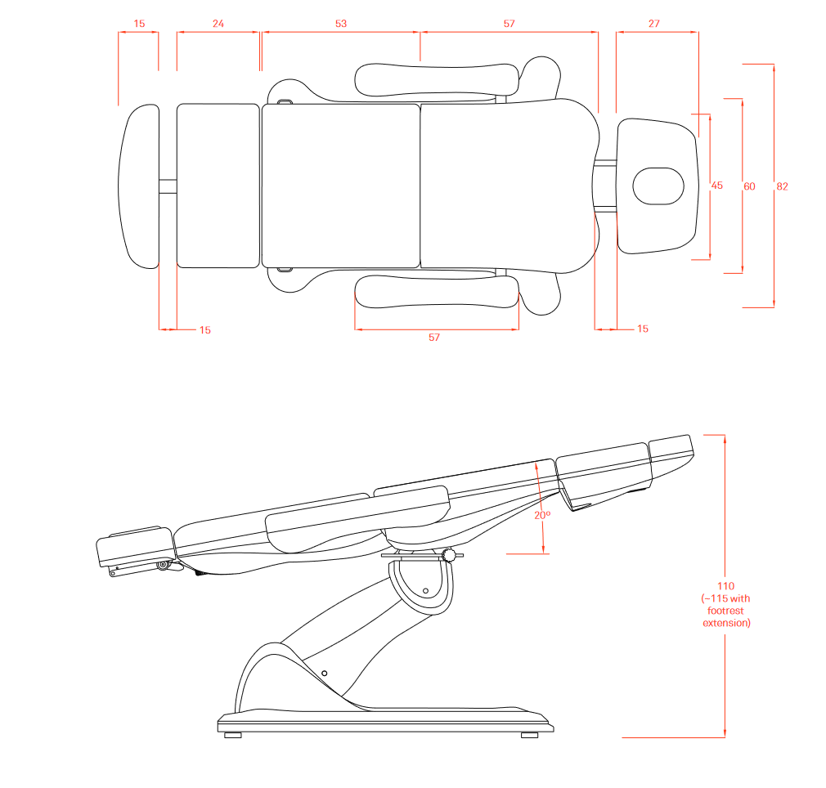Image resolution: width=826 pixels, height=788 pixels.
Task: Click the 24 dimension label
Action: tap(218, 24)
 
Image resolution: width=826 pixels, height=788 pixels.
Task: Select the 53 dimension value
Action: tap(341, 24)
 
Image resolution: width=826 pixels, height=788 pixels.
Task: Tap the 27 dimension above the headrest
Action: tap(654, 24)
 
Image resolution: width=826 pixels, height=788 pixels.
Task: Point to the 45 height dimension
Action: tap(717, 186)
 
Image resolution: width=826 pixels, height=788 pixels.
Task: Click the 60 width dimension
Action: tap(749, 186)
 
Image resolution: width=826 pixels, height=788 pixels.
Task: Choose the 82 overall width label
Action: tap(782, 186)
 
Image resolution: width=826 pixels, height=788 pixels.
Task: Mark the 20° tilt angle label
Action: tap(542, 516)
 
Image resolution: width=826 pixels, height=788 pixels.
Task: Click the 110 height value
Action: tap(726, 586)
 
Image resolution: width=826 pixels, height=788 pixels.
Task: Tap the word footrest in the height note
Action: tap(726, 611)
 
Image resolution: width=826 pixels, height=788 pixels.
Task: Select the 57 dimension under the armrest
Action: tap(434, 338)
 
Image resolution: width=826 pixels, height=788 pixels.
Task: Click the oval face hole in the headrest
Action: tap(658, 186)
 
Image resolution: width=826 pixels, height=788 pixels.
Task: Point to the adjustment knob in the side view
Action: tap(449, 557)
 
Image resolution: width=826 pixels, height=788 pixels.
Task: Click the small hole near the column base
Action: tap(325, 673)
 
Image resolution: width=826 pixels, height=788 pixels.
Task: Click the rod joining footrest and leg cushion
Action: tap(168, 186)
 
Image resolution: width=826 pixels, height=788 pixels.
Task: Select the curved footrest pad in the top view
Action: tap(141, 186)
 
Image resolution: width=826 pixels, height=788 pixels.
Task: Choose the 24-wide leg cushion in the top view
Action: tap(218, 186)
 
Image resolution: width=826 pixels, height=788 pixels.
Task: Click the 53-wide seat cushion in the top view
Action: tap(340, 186)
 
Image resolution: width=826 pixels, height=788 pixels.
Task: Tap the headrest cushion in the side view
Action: tap(671, 446)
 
